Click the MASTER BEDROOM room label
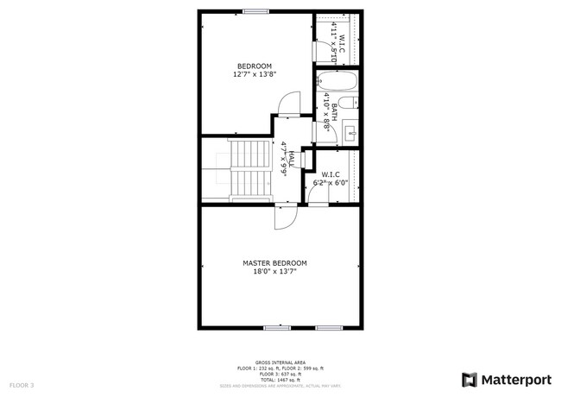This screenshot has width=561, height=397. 280,262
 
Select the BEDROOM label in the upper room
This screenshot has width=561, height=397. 255,66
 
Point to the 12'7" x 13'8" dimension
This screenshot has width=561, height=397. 255,75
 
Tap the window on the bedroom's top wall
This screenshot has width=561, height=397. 255,11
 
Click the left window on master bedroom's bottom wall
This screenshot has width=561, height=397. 276,328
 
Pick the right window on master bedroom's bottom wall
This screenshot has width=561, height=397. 329,328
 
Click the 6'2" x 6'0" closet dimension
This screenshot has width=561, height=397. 331,182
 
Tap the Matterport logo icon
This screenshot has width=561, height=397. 470,380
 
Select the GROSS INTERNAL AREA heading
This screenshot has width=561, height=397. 280,362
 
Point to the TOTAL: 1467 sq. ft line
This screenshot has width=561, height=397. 280,379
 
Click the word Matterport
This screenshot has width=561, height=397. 515,380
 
